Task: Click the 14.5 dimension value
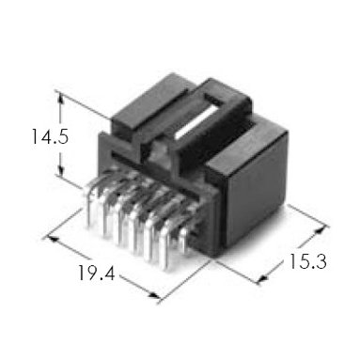[50, 137]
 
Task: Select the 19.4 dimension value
[96, 273]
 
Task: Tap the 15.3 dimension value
[307, 261]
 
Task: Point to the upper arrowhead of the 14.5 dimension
[61, 99]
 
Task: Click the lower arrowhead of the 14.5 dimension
[61, 171]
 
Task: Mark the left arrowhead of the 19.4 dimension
[54, 240]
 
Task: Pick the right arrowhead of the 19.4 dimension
[154, 295]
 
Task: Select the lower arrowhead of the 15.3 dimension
[264, 277]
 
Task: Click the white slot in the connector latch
[195, 122]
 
